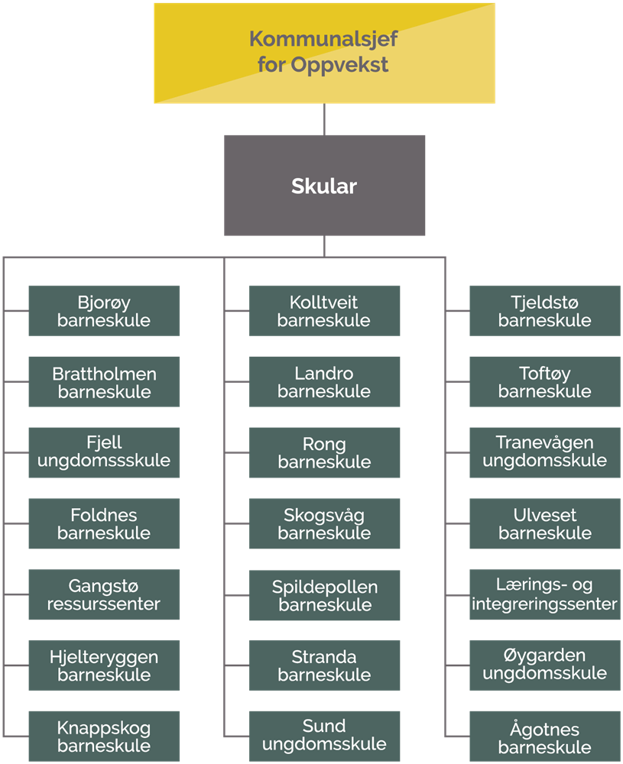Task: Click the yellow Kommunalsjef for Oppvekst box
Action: [x=324, y=52]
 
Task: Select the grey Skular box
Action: [x=324, y=185]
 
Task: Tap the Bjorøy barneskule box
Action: [x=104, y=311]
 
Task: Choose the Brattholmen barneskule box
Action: [x=104, y=382]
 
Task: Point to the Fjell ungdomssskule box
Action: [x=104, y=452]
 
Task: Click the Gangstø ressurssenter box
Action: [x=104, y=594]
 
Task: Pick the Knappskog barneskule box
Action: [x=104, y=736]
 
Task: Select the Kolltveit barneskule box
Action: [x=324, y=311]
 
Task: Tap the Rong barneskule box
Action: [x=324, y=452]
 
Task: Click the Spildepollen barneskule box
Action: [x=324, y=594]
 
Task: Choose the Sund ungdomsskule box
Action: [x=324, y=735]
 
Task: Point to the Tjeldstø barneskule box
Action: [x=544, y=311]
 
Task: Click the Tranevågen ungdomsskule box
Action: [x=544, y=452]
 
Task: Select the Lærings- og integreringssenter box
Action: [x=544, y=594]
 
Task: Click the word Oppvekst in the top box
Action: [x=339, y=64]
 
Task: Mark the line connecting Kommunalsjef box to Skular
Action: [x=324, y=118]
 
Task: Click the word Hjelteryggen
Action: [x=104, y=657]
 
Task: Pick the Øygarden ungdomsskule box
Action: [x=544, y=665]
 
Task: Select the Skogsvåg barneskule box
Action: [x=324, y=523]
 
